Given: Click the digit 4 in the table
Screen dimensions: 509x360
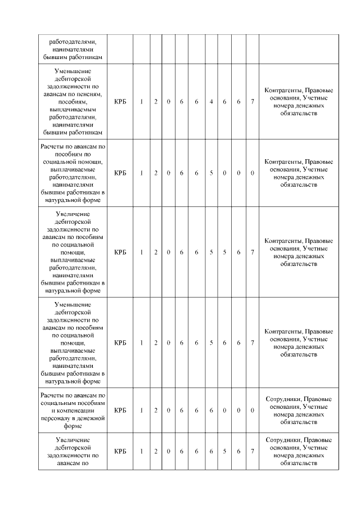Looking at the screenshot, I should (211, 101).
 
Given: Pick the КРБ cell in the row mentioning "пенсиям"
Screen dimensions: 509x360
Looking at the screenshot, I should (120, 101).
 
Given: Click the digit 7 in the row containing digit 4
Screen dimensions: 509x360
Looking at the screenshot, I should (253, 101).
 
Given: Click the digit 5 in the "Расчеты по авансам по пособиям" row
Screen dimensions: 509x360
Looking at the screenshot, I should (211, 173).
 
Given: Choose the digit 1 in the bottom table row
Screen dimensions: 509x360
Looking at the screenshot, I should (141, 451).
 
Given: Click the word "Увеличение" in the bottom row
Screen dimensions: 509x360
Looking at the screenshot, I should (73, 440).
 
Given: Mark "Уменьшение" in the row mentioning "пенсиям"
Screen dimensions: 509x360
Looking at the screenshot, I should (73, 71).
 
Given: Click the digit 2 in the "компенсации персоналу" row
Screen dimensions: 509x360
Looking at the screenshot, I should (156, 411).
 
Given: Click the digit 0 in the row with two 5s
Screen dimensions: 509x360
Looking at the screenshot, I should (168, 253).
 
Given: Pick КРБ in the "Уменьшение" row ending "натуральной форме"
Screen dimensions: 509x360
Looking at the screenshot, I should (120, 342).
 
